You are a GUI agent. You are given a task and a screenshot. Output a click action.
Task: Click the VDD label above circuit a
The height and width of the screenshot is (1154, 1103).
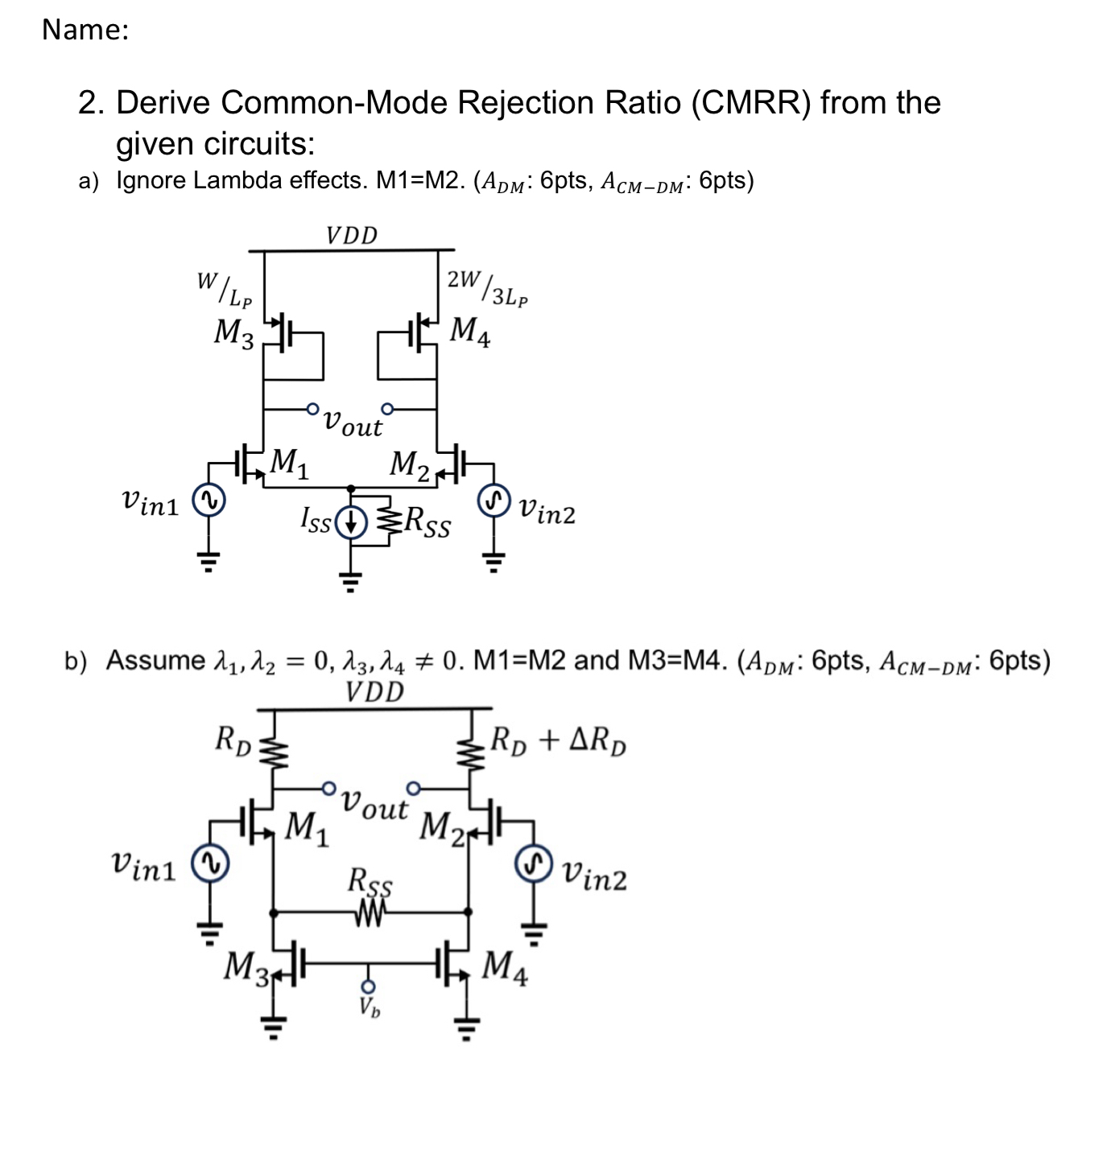(352, 235)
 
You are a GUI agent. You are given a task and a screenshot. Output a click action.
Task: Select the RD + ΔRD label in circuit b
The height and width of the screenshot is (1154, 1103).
(559, 740)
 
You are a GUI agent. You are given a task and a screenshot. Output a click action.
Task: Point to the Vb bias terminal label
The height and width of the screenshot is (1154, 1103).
(370, 1006)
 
